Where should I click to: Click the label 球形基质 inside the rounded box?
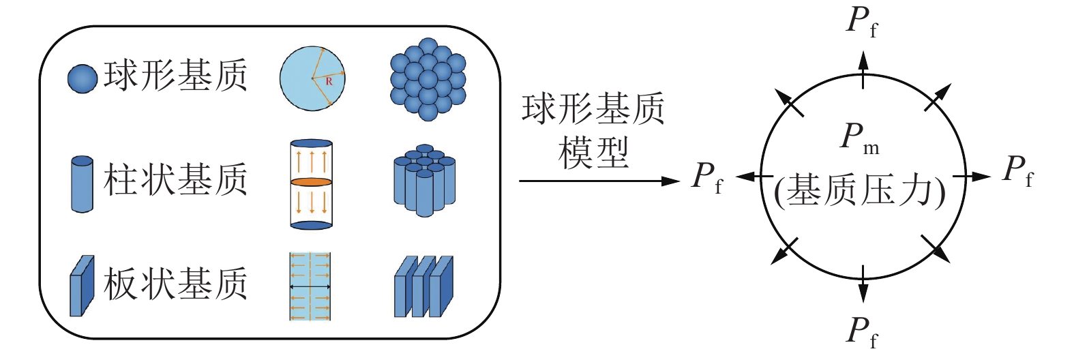(x=175, y=76)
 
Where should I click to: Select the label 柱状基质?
(x=175, y=180)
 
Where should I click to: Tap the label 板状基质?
(x=175, y=284)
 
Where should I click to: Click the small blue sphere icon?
(x=82, y=78)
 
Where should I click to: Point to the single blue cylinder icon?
(x=82, y=184)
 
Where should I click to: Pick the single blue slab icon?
(x=82, y=286)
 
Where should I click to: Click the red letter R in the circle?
(x=329, y=81)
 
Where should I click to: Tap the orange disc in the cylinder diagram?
(x=312, y=183)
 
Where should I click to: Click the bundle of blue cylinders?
(x=424, y=180)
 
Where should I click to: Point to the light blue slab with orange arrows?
(x=310, y=286)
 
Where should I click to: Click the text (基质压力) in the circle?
(x=861, y=192)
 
